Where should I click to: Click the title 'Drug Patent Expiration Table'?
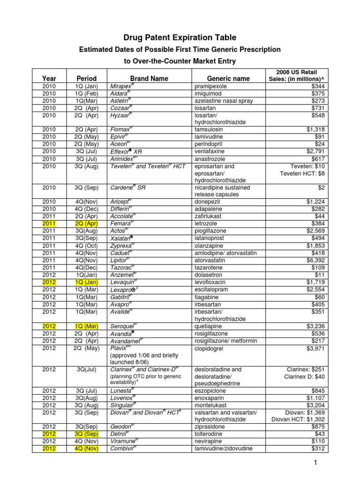(x=180, y=37)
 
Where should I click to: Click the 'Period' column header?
(x=87, y=78)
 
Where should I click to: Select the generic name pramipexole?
(x=212, y=86)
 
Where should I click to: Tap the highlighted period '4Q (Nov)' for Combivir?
(x=87, y=449)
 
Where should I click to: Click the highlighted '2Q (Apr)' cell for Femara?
(x=87, y=224)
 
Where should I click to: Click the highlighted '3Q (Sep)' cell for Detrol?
(x=87, y=434)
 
